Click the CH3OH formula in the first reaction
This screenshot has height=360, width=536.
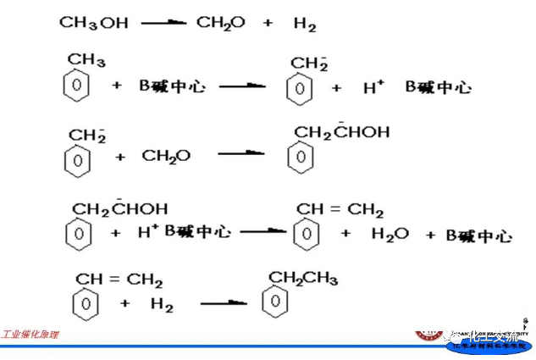93,23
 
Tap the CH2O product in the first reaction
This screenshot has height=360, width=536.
221,23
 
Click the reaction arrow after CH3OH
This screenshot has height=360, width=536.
163,23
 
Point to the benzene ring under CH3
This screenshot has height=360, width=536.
77,86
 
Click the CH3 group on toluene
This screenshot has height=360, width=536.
86,60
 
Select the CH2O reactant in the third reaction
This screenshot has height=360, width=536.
166,156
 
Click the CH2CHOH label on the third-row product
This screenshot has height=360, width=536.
341,131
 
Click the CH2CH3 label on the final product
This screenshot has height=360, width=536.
303,278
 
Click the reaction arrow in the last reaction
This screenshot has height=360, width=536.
224,302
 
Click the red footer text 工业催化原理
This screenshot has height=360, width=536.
30,335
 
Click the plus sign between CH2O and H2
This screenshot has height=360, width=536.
268,23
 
